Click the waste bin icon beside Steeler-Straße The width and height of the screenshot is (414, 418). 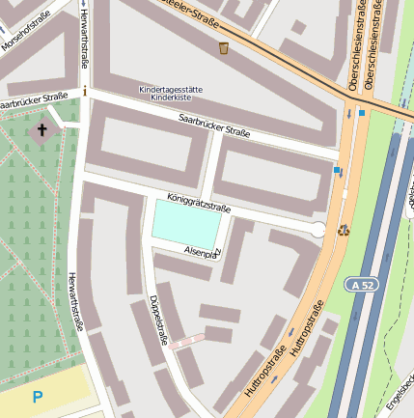click(x=224, y=47)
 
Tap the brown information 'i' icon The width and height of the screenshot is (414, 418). click(x=85, y=92)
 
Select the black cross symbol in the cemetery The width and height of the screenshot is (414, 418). click(x=41, y=129)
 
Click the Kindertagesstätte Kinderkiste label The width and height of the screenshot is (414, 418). click(x=171, y=94)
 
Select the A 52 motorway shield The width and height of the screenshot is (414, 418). click(x=362, y=285)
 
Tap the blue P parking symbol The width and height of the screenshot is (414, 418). click(x=37, y=397)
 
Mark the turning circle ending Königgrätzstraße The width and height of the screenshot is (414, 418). click(x=317, y=229)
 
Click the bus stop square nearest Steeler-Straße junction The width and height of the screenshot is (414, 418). click(x=362, y=113)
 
